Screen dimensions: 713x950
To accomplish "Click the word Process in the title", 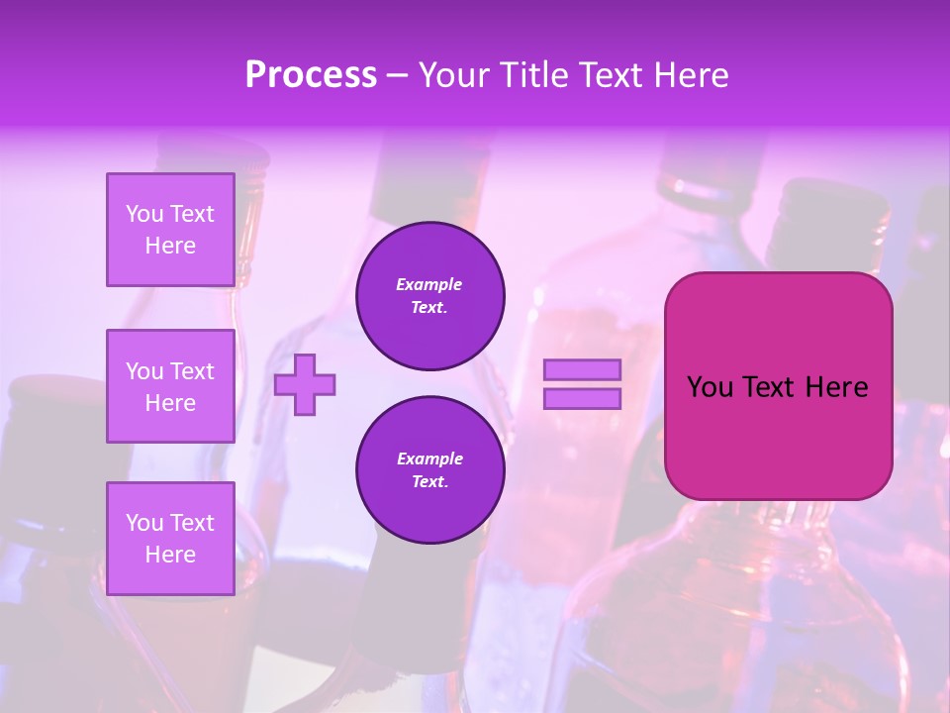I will coord(311,75).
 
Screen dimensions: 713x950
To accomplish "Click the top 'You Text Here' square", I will coord(170,230).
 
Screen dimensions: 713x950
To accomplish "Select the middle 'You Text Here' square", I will coord(170,386).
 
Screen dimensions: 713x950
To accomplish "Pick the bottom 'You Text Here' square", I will coord(170,538).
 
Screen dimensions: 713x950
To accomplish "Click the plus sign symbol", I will coord(305,384).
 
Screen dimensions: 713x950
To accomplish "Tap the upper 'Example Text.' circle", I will coord(429,296).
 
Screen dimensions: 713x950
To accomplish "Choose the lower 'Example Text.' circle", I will coord(429,470).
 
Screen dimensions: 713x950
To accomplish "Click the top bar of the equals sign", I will coord(582,369).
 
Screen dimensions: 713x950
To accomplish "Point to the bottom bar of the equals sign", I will coord(582,398).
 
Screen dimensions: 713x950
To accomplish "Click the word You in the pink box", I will coord(711,387).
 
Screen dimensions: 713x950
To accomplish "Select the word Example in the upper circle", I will coord(429,285).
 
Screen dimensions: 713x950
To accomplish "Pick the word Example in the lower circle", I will coord(429,459).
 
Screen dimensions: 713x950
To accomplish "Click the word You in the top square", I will coord(144,214).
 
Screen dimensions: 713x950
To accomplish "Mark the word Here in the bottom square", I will coord(170,555).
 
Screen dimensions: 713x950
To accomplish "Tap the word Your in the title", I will coord(453,75).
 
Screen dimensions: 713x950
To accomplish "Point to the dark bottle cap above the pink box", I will coord(822,204).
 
